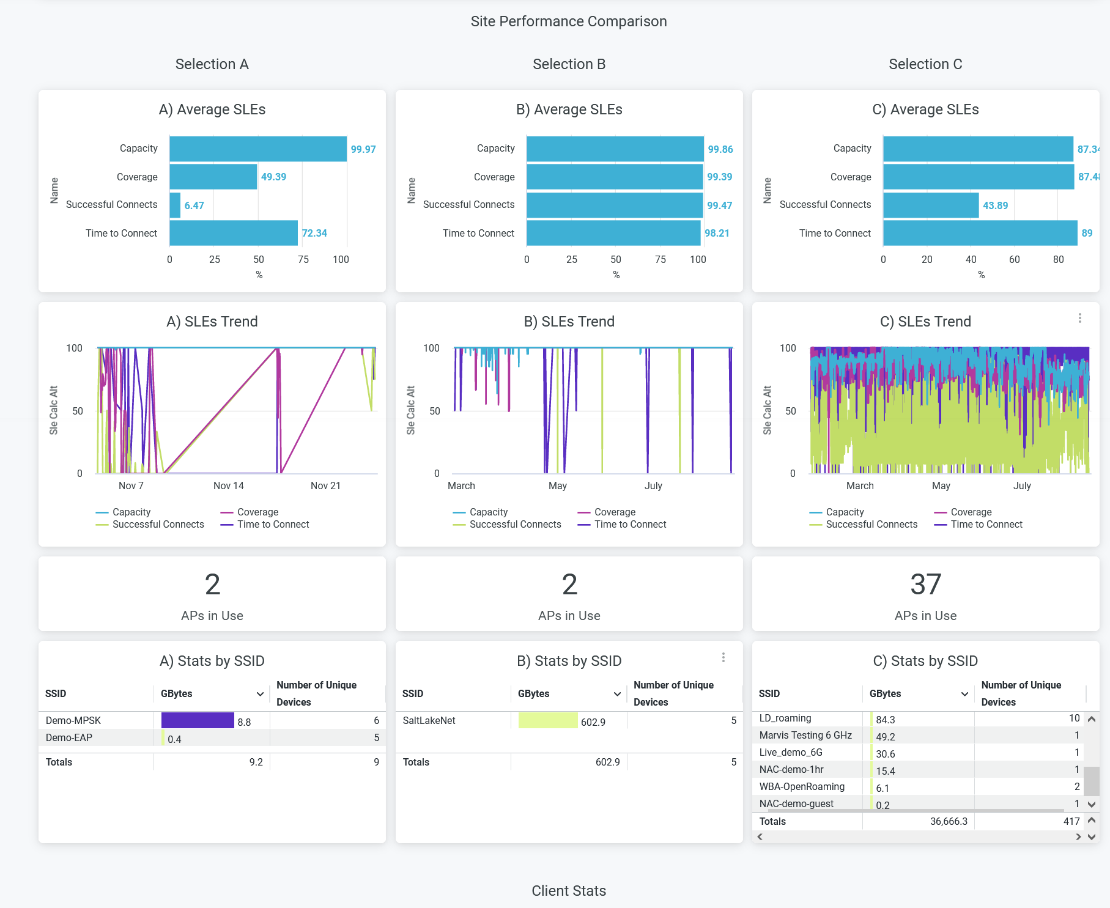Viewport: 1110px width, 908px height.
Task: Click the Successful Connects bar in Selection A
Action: point(176,205)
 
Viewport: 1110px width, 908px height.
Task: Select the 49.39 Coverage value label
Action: point(273,177)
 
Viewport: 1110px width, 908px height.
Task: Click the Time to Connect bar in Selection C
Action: point(980,233)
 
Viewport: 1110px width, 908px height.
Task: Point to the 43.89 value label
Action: point(995,205)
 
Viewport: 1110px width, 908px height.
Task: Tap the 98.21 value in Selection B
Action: point(717,233)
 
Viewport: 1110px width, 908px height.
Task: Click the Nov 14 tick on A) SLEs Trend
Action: point(229,485)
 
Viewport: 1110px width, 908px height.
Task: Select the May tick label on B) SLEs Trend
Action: point(558,485)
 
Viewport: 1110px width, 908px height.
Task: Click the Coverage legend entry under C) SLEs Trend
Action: point(971,512)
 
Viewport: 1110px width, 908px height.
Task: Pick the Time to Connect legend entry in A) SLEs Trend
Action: point(273,524)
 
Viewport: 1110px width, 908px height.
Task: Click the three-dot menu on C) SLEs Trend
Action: point(1080,319)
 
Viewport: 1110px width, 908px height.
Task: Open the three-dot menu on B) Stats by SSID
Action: point(723,657)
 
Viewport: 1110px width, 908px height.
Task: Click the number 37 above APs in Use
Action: point(925,585)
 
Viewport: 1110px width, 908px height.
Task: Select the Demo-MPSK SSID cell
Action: point(73,720)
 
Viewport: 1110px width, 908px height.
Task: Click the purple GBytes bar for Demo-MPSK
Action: point(198,720)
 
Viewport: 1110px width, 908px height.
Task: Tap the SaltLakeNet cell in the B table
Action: point(429,720)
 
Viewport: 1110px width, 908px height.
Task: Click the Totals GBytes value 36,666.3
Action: point(949,821)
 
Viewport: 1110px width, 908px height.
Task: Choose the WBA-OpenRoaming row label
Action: point(802,786)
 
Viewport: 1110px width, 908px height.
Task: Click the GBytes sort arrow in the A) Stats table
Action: point(260,694)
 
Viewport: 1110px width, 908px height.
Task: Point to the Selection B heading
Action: point(569,64)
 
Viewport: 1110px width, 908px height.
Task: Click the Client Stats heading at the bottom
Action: point(569,891)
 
